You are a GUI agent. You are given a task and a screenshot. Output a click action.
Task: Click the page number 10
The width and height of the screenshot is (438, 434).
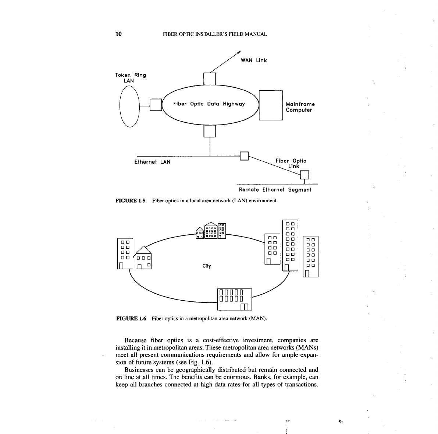coord(118,34)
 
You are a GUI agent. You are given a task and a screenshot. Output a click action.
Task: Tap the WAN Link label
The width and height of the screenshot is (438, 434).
coord(254,60)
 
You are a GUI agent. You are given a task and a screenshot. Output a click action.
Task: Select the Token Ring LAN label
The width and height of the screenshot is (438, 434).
coord(131,78)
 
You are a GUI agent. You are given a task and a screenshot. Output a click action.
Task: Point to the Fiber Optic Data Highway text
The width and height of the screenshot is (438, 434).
coord(209,104)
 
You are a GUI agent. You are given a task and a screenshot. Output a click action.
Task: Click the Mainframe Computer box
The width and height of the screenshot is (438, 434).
coord(271,105)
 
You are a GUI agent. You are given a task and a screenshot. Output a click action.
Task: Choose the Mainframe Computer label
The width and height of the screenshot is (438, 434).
coord(300,107)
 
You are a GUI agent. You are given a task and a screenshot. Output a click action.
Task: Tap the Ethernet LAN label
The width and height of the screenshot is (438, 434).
coord(152,162)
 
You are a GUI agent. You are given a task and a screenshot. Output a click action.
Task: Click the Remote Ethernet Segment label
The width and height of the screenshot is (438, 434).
coord(275,190)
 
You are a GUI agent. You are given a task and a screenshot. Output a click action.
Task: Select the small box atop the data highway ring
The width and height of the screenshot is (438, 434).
coord(210,79)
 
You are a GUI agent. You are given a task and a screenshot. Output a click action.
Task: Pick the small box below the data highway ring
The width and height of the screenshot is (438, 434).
coord(210,131)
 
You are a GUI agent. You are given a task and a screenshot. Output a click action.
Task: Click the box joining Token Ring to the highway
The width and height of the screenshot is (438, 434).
coord(156,105)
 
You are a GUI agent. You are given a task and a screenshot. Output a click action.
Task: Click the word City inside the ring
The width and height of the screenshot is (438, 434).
coord(207,266)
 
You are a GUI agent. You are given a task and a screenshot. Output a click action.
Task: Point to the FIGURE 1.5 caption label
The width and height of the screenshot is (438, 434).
coord(131,201)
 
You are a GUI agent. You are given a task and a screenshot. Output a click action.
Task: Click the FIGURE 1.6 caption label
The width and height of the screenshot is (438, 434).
coord(131,318)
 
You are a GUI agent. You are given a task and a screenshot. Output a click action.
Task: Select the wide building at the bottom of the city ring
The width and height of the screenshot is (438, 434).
coord(234,300)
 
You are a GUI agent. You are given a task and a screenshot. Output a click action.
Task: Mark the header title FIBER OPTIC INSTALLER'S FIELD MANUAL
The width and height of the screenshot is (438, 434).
coord(215,34)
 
